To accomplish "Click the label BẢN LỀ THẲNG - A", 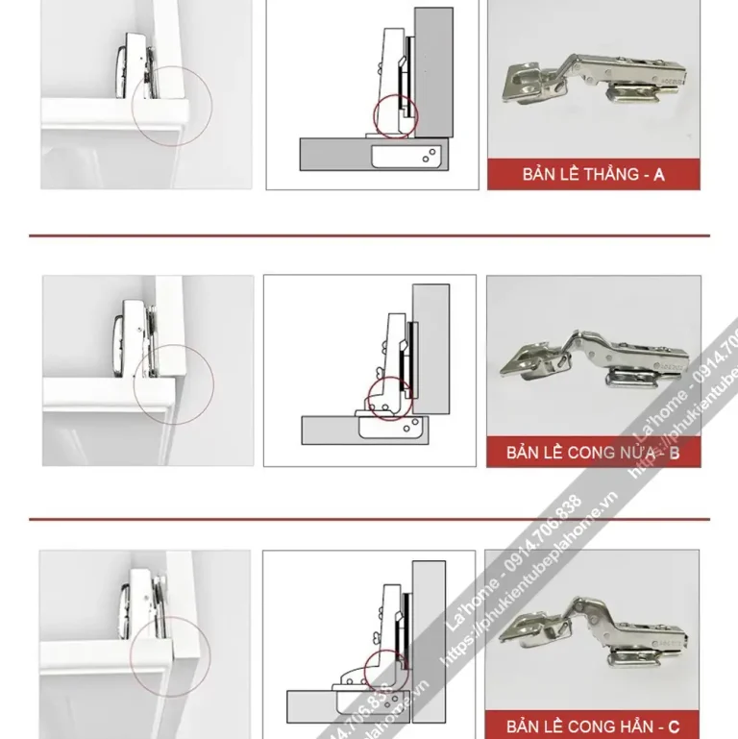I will coord(593,175).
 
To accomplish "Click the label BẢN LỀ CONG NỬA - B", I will coord(593,452).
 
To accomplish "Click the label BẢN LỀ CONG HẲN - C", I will coord(593,726).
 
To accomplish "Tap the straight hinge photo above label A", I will coord(593,82).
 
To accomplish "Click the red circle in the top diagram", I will coord(392,115).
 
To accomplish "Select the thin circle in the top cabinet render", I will coord(172,106).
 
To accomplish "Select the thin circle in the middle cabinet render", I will coord(173,385).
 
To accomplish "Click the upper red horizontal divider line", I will coord(369,235).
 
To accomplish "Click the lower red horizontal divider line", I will coord(369,519).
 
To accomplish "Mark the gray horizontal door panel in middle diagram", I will coord(327,431).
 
